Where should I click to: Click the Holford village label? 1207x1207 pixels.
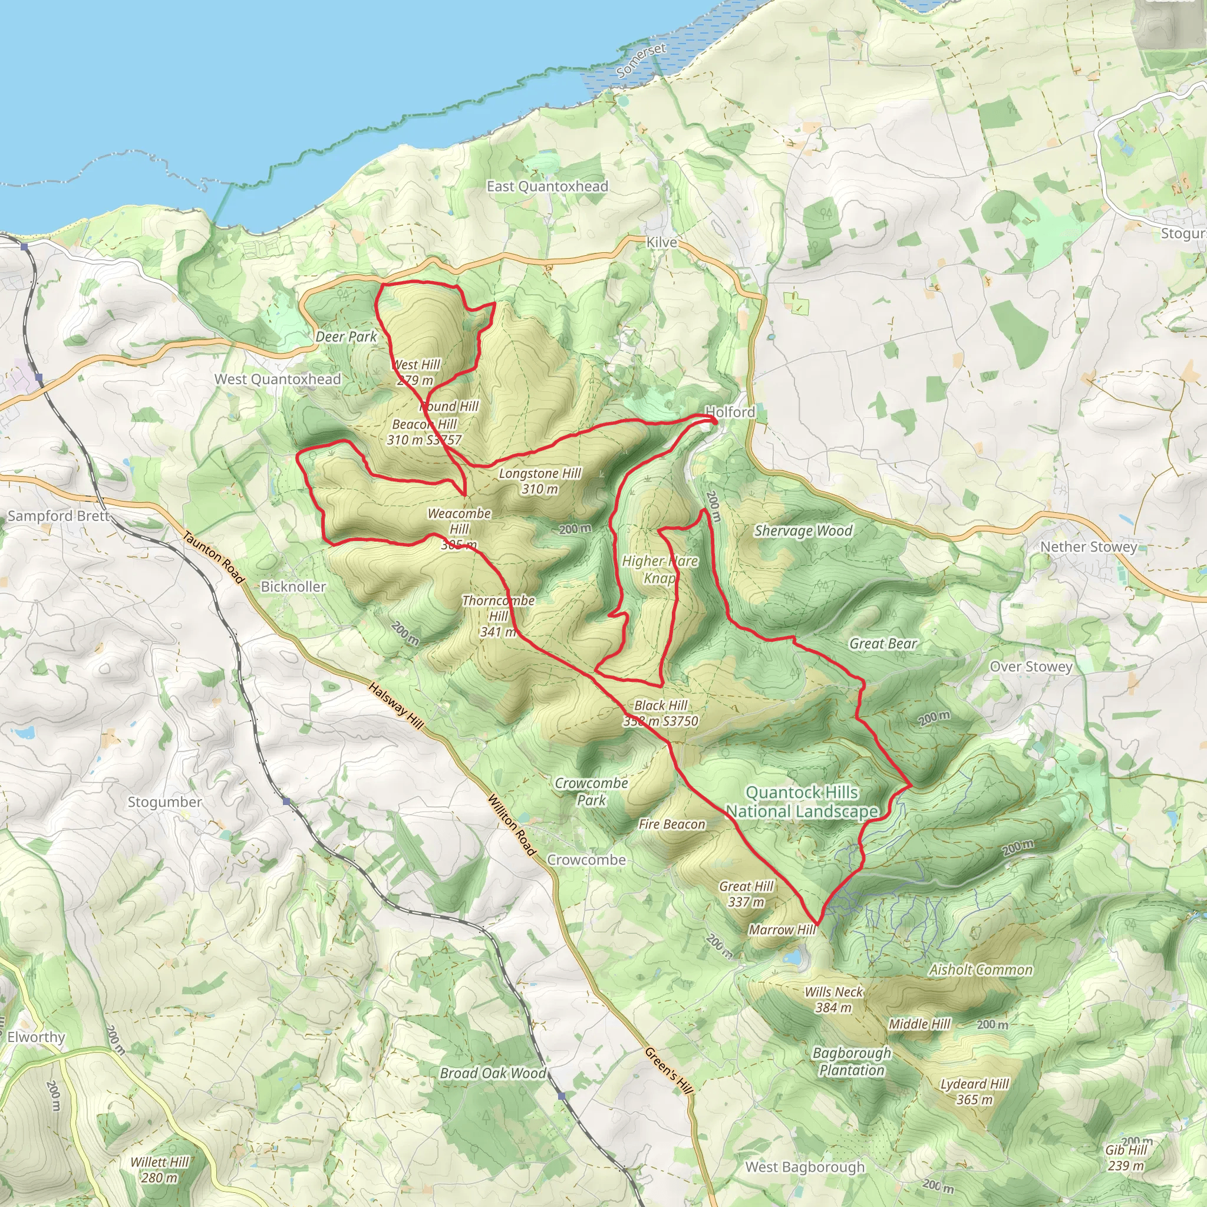(730, 412)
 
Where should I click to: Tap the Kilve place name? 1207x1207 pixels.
(661, 242)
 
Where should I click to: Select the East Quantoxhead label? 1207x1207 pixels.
(548, 186)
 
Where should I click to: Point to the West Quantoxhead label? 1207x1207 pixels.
(278, 379)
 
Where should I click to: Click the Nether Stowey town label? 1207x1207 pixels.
(1089, 547)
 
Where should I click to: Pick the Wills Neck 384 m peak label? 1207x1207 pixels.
(833, 1000)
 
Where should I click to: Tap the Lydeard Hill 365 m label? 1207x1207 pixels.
(975, 1091)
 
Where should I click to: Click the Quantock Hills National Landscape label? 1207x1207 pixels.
(802, 802)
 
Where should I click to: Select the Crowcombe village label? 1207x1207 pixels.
(586, 860)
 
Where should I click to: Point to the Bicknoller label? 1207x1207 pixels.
(293, 586)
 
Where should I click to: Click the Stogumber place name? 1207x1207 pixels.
(165, 802)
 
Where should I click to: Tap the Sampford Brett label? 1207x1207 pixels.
(58, 516)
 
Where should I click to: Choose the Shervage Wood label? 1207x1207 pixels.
(803, 531)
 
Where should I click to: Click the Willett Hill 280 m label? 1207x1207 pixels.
(159, 1169)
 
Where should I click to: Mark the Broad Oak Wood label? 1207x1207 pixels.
(492, 1073)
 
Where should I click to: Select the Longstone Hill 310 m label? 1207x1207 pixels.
(540, 481)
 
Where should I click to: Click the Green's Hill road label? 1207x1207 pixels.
(669, 1071)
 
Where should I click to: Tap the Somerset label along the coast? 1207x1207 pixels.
(641, 61)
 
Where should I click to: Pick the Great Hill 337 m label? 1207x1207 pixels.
(746, 894)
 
